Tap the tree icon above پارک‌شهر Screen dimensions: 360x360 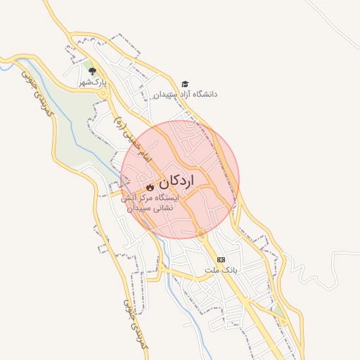point(92,71)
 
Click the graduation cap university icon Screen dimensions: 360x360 point(185,84)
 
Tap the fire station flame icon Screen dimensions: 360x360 point(150,188)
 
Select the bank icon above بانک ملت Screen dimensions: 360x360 point(221,259)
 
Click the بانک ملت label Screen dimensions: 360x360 point(221,270)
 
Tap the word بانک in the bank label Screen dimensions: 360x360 point(231,270)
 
